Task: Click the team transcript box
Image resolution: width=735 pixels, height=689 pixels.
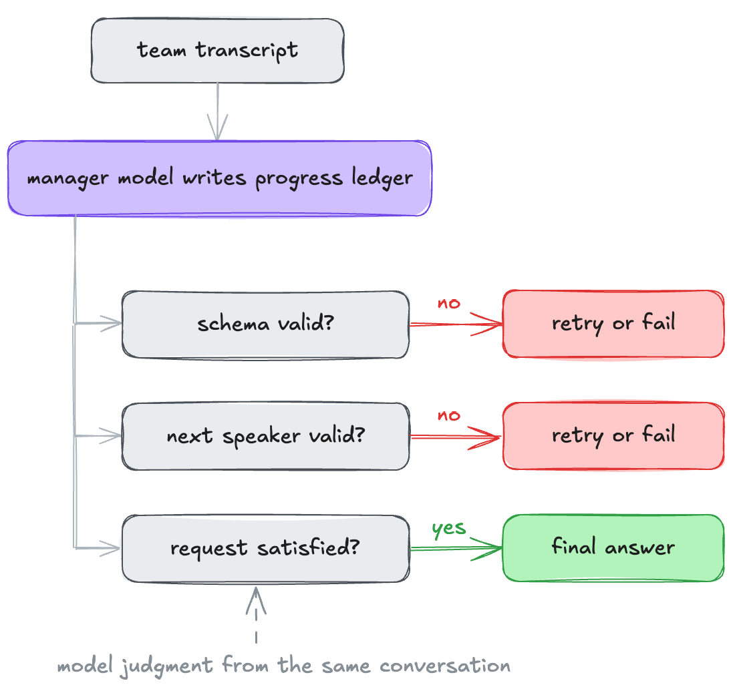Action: point(218,51)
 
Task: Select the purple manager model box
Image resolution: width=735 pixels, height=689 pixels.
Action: point(219,178)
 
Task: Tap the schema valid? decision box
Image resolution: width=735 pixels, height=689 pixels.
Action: point(265,324)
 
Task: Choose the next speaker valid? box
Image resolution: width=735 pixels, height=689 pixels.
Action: point(265,436)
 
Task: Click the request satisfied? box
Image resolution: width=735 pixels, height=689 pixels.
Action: point(265,548)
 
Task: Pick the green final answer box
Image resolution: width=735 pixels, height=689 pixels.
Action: point(613,547)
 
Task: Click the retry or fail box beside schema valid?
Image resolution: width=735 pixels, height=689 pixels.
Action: point(613,324)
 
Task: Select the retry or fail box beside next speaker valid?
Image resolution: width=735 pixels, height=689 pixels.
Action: point(613,435)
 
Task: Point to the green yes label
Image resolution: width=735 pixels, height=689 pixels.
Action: point(448,528)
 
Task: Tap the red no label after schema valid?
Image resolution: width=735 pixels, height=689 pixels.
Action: point(448,304)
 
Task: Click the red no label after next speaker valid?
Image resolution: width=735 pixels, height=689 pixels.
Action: point(448,415)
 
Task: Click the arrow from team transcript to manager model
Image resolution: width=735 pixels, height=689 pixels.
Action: point(218,111)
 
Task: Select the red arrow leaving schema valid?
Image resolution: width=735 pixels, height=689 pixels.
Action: point(456,324)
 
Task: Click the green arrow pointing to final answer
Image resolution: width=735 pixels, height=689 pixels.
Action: point(456,547)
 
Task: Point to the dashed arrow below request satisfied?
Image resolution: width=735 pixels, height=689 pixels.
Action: point(256,614)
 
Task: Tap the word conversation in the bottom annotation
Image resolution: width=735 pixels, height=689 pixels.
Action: point(445,666)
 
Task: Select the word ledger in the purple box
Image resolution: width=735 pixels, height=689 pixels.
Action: point(382,178)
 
